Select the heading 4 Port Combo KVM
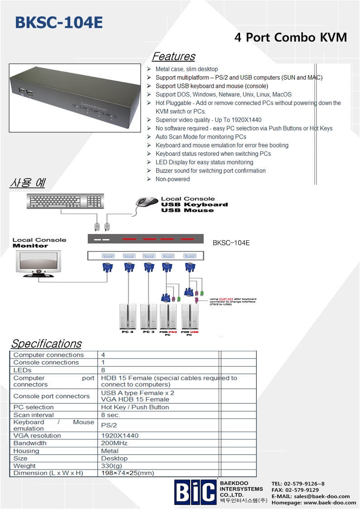(290, 38)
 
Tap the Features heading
(173, 57)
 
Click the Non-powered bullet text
(173, 179)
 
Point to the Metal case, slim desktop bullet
(187, 69)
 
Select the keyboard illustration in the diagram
(65, 201)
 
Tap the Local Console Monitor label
(39, 242)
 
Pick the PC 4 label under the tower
(128, 332)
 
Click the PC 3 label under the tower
(149, 332)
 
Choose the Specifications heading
(46, 344)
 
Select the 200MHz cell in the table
(114, 443)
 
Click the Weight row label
(24, 465)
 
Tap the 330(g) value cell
(111, 465)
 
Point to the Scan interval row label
(34, 415)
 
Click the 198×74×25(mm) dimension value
(127, 473)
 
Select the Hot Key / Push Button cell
(135, 407)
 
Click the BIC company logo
(195, 492)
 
